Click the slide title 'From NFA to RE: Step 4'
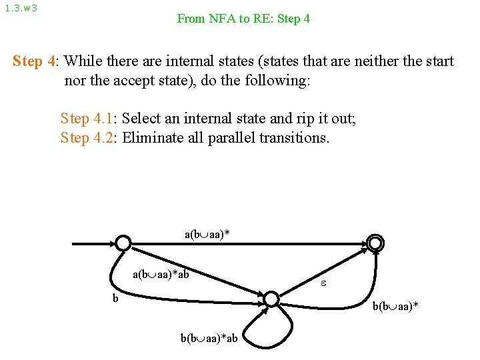[x=243, y=19]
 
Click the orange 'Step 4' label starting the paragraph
[x=35, y=62]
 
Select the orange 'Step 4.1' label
[x=87, y=119]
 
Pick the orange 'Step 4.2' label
[x=87, y=138]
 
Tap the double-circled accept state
[x=376, y=244]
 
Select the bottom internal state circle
[x=271, y=299]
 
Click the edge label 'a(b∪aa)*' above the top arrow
[x=211, y=235]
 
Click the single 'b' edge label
[x=115, y=298]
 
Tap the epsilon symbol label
[x=323, y=283]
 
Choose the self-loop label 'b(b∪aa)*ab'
[x=209, y=338]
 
